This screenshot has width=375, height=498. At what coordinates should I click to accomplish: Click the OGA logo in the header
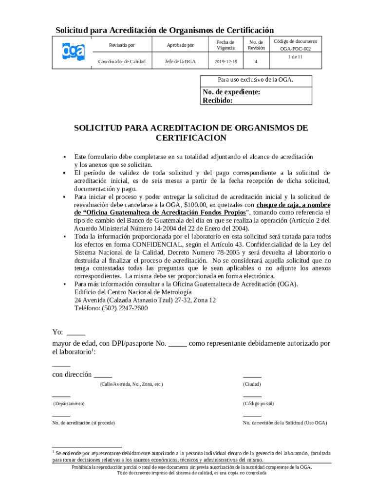click(x=73, y=51)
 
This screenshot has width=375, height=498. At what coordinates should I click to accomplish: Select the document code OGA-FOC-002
click(x=295, y=49)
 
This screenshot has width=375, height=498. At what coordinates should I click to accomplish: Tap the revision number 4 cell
click(x=256, y=62)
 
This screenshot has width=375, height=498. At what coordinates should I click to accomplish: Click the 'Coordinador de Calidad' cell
click(x=122, y=62)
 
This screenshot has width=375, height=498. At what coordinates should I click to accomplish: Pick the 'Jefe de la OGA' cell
click(x=180, y=62)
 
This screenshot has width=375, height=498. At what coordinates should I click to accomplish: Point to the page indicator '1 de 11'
click(x=295, y=57)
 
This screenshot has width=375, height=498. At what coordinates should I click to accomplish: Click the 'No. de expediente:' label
click(x=231, y=92)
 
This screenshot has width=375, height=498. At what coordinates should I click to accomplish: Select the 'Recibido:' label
click(x=217, y=101)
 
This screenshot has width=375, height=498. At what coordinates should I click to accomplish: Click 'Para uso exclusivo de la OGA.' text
click(x=255, y=79)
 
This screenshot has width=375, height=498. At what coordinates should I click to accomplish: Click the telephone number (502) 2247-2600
click(x=111, y=308)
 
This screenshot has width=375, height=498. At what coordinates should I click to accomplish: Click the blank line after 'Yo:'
click(x=75, y=333)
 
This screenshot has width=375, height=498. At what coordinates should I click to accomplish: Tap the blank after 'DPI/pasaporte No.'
click(x=177, y=343)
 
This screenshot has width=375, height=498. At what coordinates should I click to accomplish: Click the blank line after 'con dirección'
click(x=103, y=374)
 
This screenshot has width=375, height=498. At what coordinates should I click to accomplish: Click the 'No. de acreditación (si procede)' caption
click(x=83, y=423)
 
